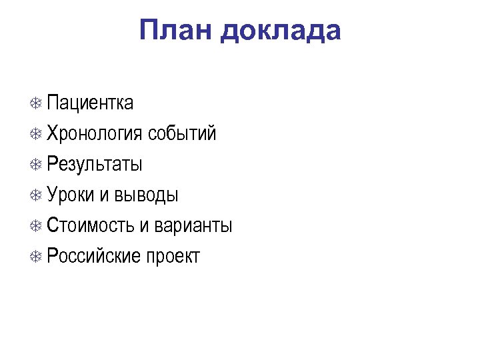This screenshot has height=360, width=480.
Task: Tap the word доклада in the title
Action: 281,31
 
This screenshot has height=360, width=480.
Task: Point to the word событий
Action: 183,133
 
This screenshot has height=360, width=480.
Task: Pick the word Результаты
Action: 95,164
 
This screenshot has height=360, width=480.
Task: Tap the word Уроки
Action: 71,195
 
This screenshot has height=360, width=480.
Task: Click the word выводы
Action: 147,195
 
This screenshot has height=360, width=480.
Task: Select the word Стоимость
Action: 91,225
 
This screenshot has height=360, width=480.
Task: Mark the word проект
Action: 173,256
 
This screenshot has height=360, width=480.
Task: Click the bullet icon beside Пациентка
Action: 37,104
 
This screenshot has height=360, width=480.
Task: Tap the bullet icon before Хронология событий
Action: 37,135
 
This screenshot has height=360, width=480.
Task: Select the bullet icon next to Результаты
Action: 37,165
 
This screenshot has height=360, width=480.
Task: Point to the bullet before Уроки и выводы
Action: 37,196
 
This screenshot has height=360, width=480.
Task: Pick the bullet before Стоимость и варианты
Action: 37,227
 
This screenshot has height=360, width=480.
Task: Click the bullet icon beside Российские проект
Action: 37,257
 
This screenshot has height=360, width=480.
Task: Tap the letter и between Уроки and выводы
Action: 105,195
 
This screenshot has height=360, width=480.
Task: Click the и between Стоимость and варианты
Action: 145,226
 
